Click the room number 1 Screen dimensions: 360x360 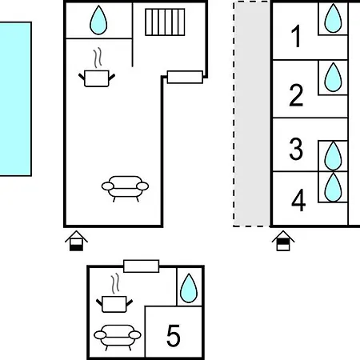pyautogui.click(x=296, y=36)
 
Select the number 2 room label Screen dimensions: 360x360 pyautogui.click(x=296, y=95)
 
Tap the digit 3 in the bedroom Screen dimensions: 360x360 pyautogui.click(x=296, y=149)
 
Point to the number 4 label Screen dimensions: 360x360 pyautogui.click(x=298, y=200)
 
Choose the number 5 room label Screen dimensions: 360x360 pyautogui.click(x=174, y=335)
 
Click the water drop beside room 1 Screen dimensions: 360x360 pyautogui.click(x=333, y=18)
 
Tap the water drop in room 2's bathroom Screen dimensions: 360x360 pyautogui.click(x=333, y=78)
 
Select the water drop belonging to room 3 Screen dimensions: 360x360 pyautogui.click(x=333, y=156)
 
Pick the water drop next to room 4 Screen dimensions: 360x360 pyautogui.click(x=333, y=187)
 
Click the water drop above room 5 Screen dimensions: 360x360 pyautogui.click(x=189, y=288)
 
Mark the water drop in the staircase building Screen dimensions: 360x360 pyautogui.click(x=98, y=20)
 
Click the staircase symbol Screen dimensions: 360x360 pyautogui.click(x=165, y=22)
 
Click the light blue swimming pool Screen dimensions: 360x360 pyautogui.click(x=15, y=99)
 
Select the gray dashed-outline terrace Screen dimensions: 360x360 pyautogui.click(x=251, y=114)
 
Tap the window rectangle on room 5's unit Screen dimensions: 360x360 pyautogui.click(x=142, y=266)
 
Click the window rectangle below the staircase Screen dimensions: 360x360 pyautogui.click(x=185, y=77)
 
